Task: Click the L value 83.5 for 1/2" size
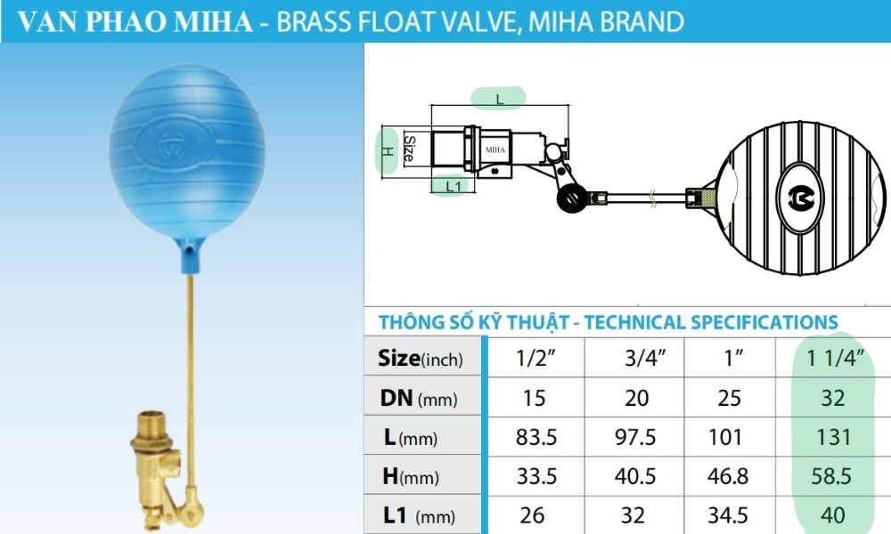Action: (536, 437)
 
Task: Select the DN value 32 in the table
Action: (833, 398)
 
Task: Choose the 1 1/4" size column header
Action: (833, 359)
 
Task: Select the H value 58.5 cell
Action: (833, 476)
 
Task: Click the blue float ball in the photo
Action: (176, 161)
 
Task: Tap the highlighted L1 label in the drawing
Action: (454, 186)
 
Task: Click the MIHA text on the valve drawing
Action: (495, 150)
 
